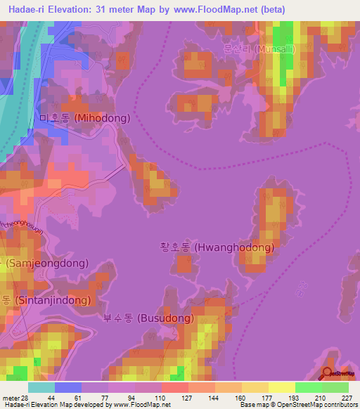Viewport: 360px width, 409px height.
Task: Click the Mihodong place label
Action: pyautogui.click(x=85, y=118)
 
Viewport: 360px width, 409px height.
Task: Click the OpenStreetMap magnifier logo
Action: pyautogui.click(x=328, y=373)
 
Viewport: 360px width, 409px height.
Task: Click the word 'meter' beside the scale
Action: pyautogui.click(x=8, y=397)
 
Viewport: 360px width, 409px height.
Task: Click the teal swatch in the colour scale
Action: pyautogui.click(x=41, y=387)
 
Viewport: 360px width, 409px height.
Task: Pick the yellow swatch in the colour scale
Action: pyautogui.click(x=281, y=387)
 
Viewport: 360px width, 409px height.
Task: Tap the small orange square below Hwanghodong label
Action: pyautogui.click(x=183, y=264)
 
